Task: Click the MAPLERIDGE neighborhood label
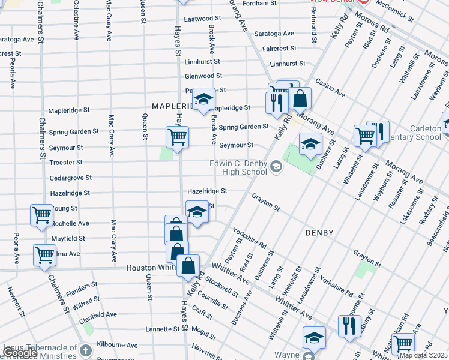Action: (x=173, y=106)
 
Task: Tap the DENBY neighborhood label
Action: (x=319, y=232)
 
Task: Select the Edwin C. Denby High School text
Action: (x=238, y=167)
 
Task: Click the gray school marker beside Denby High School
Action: (x=276, y=167)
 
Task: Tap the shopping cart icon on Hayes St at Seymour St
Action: (x=178, y=137)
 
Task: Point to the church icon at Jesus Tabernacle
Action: (x=86, y=350)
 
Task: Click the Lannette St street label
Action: (x=163, y=329)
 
